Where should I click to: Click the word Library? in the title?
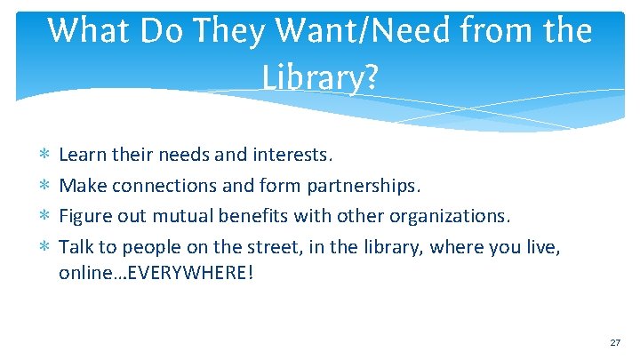pyautogui.click(x=320, y=78)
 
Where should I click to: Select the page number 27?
pyautogui.click(x=614, y=342)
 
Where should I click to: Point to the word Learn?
pyautogui.click(x=81, y=156)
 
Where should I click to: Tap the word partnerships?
pyautogui.click(x=364, y=186)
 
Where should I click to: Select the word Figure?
pyautogui.click(x=84, y=216)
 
